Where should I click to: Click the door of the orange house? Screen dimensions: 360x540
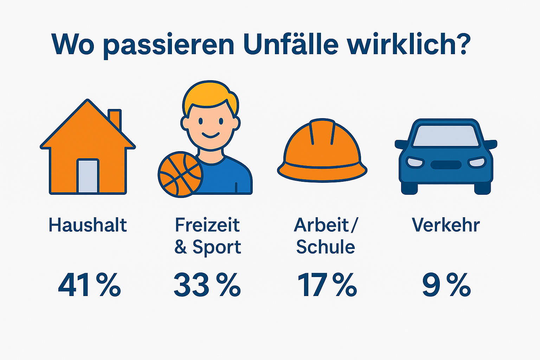(88, 176)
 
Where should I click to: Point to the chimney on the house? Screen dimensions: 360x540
(115, 119)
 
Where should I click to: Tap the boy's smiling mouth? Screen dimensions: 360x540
(211, 135)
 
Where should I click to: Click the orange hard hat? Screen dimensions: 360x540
(322, 151)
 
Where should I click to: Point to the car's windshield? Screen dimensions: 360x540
(446, 136)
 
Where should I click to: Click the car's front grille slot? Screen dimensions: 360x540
(446, 165)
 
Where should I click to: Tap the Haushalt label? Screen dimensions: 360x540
(88, 225)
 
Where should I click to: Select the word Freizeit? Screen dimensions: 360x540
(207, 225)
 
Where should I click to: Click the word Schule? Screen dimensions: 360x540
(326, 247)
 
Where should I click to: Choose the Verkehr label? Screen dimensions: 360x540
(446, 225)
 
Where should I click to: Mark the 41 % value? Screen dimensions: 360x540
(89, 285)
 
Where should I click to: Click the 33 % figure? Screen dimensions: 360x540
(207, 285)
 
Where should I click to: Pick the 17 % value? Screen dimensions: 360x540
(327, 285)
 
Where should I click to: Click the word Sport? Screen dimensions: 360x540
(217, 247)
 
